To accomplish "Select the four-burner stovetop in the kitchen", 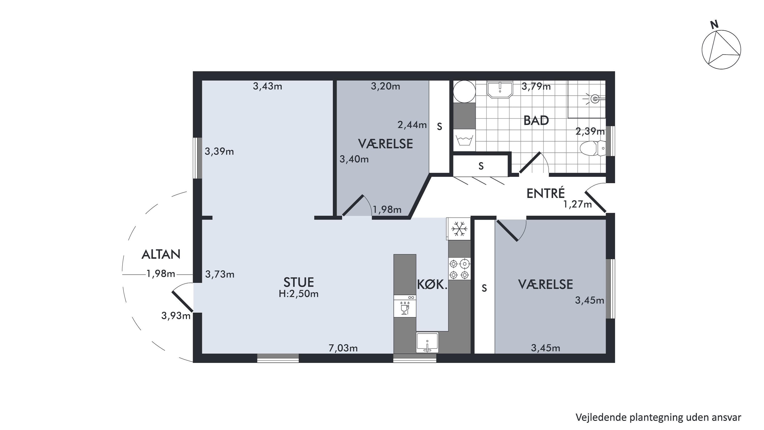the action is (x=459, y=269).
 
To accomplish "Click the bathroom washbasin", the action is (x=500, y=89).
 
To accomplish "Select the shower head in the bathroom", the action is (x=594, y=99).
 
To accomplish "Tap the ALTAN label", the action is (x=161, y=254).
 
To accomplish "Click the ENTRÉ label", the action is (x=545, y=193).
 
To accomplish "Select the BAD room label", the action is (x=536, y=121).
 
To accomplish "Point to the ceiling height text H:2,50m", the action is (x=299, y=294).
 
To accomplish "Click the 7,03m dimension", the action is (x=343, y=348).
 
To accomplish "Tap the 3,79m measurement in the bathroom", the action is (x=536, y=86).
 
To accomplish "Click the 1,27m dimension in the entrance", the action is (x=577, y=204).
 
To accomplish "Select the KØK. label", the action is (x=432, y=285).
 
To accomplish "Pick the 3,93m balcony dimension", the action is (x=176, y=316).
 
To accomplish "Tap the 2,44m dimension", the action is (x=412, y=125).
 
